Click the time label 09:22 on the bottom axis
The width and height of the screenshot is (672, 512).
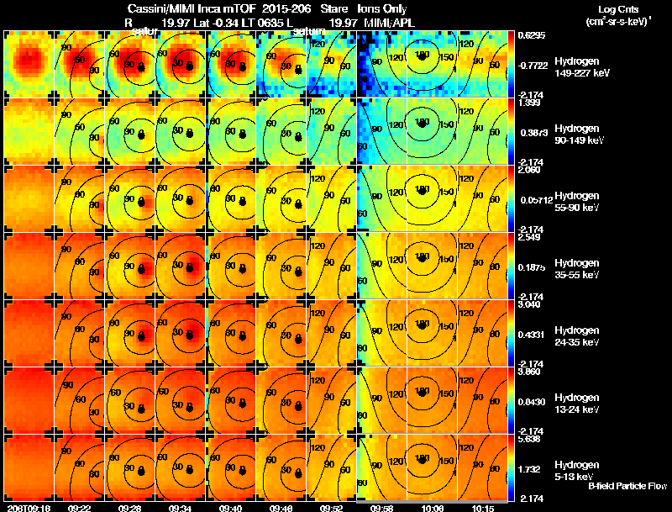click(81, 508)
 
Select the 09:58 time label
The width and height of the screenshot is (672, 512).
click(382, 508)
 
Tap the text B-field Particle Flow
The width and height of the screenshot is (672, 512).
click(627, 487)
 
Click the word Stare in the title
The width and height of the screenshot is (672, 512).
click(334, 8)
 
